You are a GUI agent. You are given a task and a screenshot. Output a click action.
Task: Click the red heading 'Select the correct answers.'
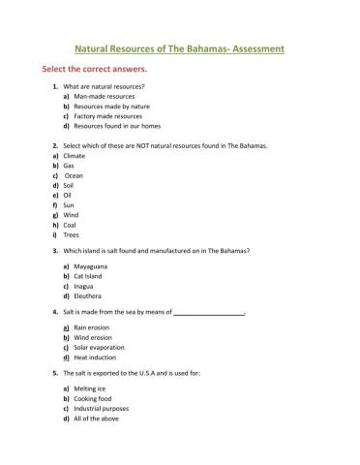(93, 71)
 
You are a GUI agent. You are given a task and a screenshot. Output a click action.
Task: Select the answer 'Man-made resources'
(105, 98)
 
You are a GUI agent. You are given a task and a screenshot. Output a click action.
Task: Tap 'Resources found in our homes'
(117, 126)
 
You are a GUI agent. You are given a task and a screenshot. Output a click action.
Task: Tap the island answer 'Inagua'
(88, 286)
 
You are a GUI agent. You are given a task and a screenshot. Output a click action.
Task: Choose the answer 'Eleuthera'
(92, 295)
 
